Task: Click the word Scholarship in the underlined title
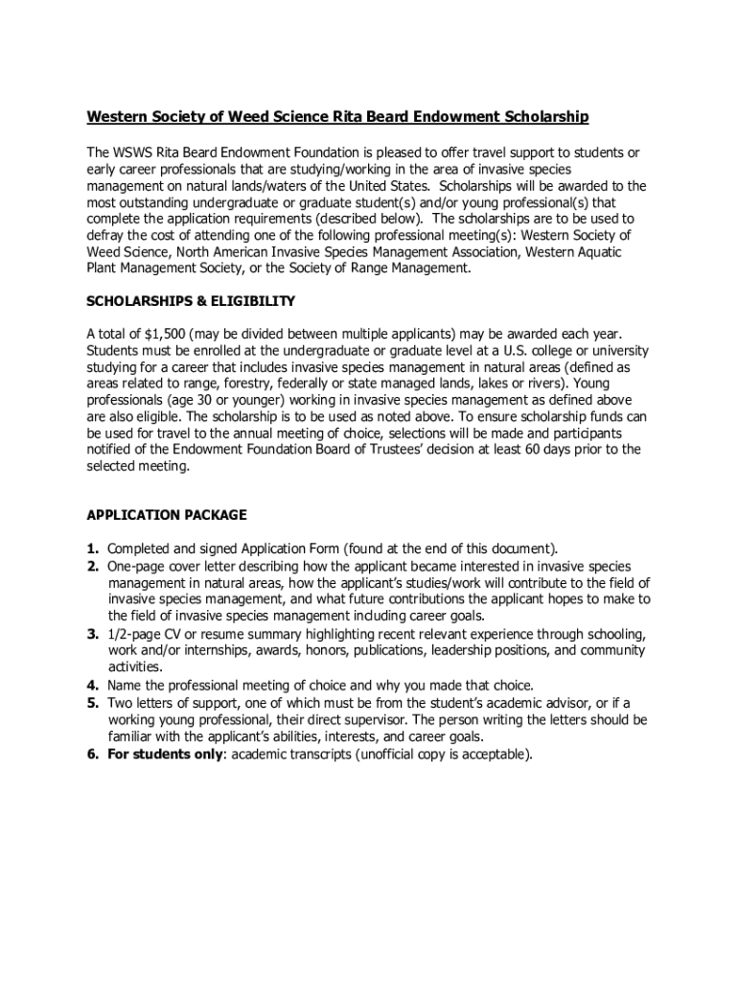(543, 117)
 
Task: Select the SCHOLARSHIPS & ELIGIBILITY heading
(191, 301)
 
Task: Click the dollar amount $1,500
(164, 334)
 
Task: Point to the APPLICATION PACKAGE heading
(167, 515)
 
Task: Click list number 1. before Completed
(93, 549)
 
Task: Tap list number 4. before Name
(93, 686)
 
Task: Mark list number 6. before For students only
(93, 754)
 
